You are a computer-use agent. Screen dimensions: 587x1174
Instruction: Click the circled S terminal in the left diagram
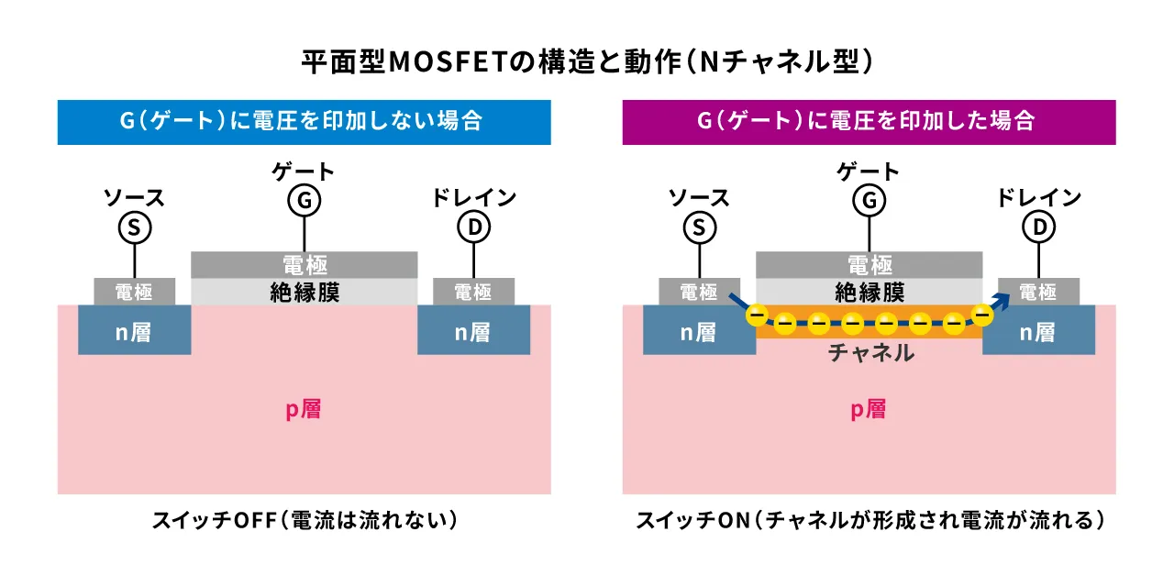[x=134, y=227]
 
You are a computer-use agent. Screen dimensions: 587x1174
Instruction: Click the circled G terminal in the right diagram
[x=869, y=199]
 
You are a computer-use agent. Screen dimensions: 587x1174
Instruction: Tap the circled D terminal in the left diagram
[x=473, y=227]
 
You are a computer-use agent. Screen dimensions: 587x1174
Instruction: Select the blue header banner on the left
[x=304, y=122]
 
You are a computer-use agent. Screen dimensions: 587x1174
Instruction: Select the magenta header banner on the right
[x=869, y=122]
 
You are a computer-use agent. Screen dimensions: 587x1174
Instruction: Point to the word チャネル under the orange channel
[x=870, y=353]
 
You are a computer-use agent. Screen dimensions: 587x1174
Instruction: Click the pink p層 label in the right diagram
[x=868, y=409]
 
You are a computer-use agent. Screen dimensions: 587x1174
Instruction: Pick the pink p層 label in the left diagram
[x=303, y=409]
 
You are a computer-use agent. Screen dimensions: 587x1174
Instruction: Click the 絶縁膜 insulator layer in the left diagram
[x=305, y=292]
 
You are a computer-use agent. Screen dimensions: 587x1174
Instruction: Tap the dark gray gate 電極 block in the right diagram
[x=869, y=264]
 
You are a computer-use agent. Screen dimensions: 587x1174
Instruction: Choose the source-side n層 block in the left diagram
[x=134, y=331]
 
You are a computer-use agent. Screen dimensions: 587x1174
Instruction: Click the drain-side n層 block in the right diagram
[x=1038, y=331]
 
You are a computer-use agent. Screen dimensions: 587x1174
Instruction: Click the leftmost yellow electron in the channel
[x=757, y=316]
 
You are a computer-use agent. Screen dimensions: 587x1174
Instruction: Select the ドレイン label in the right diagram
[x=1038, y=197]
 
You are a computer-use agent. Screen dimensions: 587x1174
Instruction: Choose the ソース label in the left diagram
[x=134, y=197]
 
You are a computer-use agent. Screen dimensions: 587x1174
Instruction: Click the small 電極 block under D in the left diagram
[x=473, y=292]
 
